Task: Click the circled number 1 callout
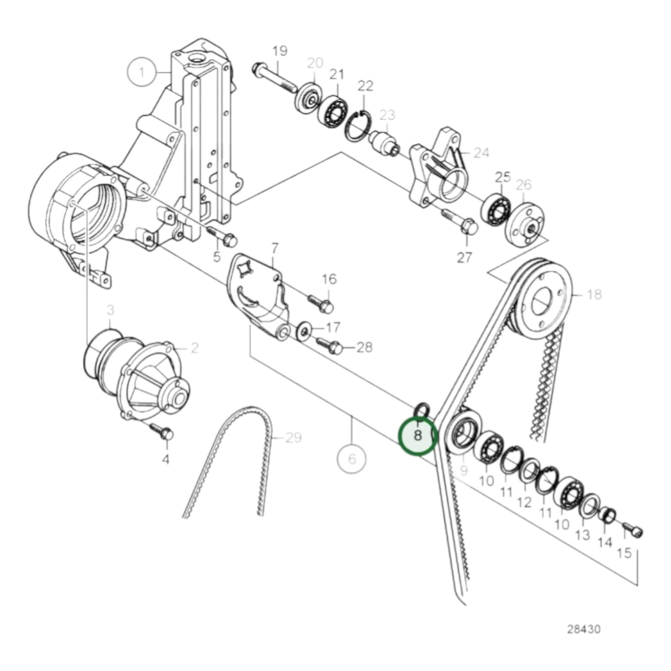tap(142, 72)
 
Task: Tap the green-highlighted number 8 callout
tap(418, 436)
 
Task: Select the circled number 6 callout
tap(352, 459)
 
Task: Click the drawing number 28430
tap(583, 629)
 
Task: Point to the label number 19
tap(280, 51)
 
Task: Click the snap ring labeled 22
tap(358, 125)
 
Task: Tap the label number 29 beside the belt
tap(293, 437)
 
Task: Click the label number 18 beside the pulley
tap(594, 294)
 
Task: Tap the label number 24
tap(481, 152)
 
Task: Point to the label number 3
tap(110, 310)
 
